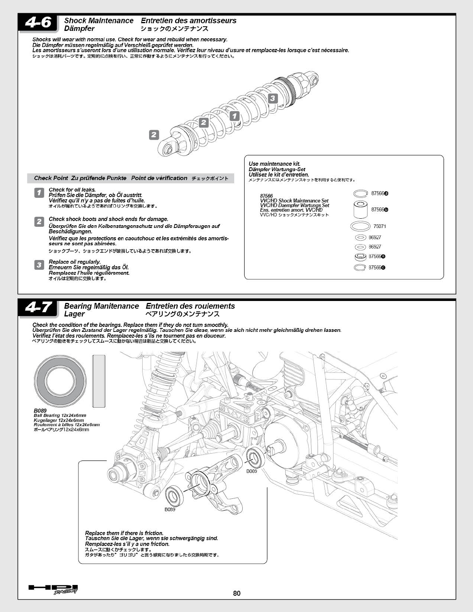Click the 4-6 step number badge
38,23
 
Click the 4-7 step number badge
38,308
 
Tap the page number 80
237,593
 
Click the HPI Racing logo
53,589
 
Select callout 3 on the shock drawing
272,98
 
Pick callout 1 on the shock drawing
235,116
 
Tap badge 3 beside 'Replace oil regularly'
39,265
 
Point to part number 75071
379,226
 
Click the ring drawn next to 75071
361,226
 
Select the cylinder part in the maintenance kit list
361,209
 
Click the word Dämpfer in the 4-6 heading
79,29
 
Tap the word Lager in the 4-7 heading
74,314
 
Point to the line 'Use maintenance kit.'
274,164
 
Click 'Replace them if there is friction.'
124,533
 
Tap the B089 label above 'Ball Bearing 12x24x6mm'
40,411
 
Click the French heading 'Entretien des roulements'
190,306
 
